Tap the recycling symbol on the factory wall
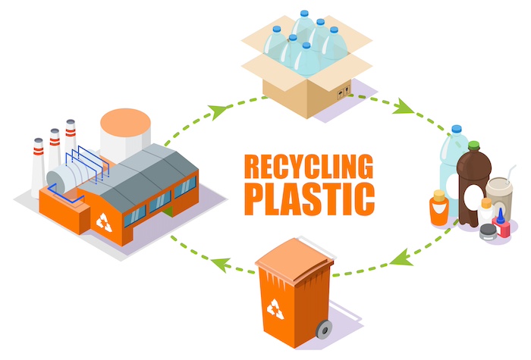coord(105,222)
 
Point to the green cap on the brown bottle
coord(474,145)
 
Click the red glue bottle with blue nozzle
coord(501,224)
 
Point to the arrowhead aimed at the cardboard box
coord(220,112)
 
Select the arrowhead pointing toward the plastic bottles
coord(401,108)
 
